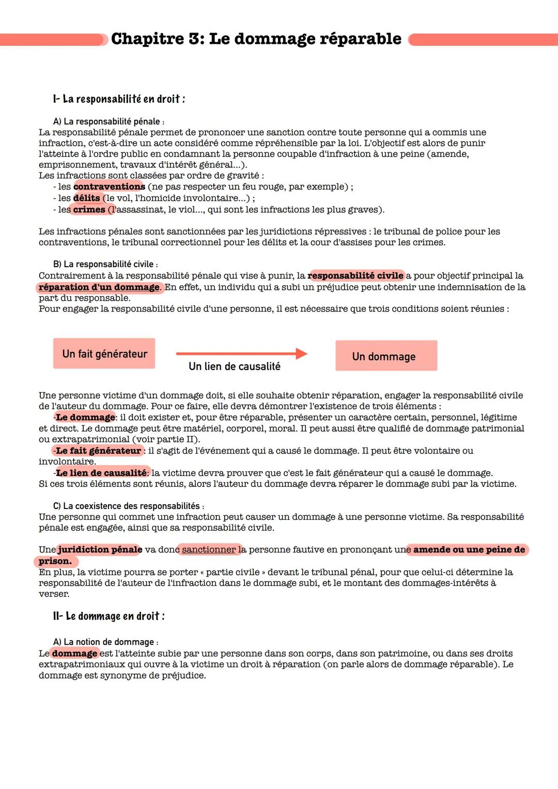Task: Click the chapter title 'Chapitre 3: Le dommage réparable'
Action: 256,39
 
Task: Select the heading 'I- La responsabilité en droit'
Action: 119,99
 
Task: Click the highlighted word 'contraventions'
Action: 109,187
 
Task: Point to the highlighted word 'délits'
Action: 86,198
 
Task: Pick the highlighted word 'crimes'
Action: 89,209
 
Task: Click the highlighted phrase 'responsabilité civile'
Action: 355,275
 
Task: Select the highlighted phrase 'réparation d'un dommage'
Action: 99,287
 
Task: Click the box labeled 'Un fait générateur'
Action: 104,354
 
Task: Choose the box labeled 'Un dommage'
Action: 386,356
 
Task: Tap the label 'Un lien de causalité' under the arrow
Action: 235,366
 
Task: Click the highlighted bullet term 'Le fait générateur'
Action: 98,451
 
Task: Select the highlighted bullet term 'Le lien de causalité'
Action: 101,473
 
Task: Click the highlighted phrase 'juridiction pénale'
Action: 100,549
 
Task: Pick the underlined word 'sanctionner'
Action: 209,549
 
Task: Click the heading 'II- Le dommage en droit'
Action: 109,616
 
